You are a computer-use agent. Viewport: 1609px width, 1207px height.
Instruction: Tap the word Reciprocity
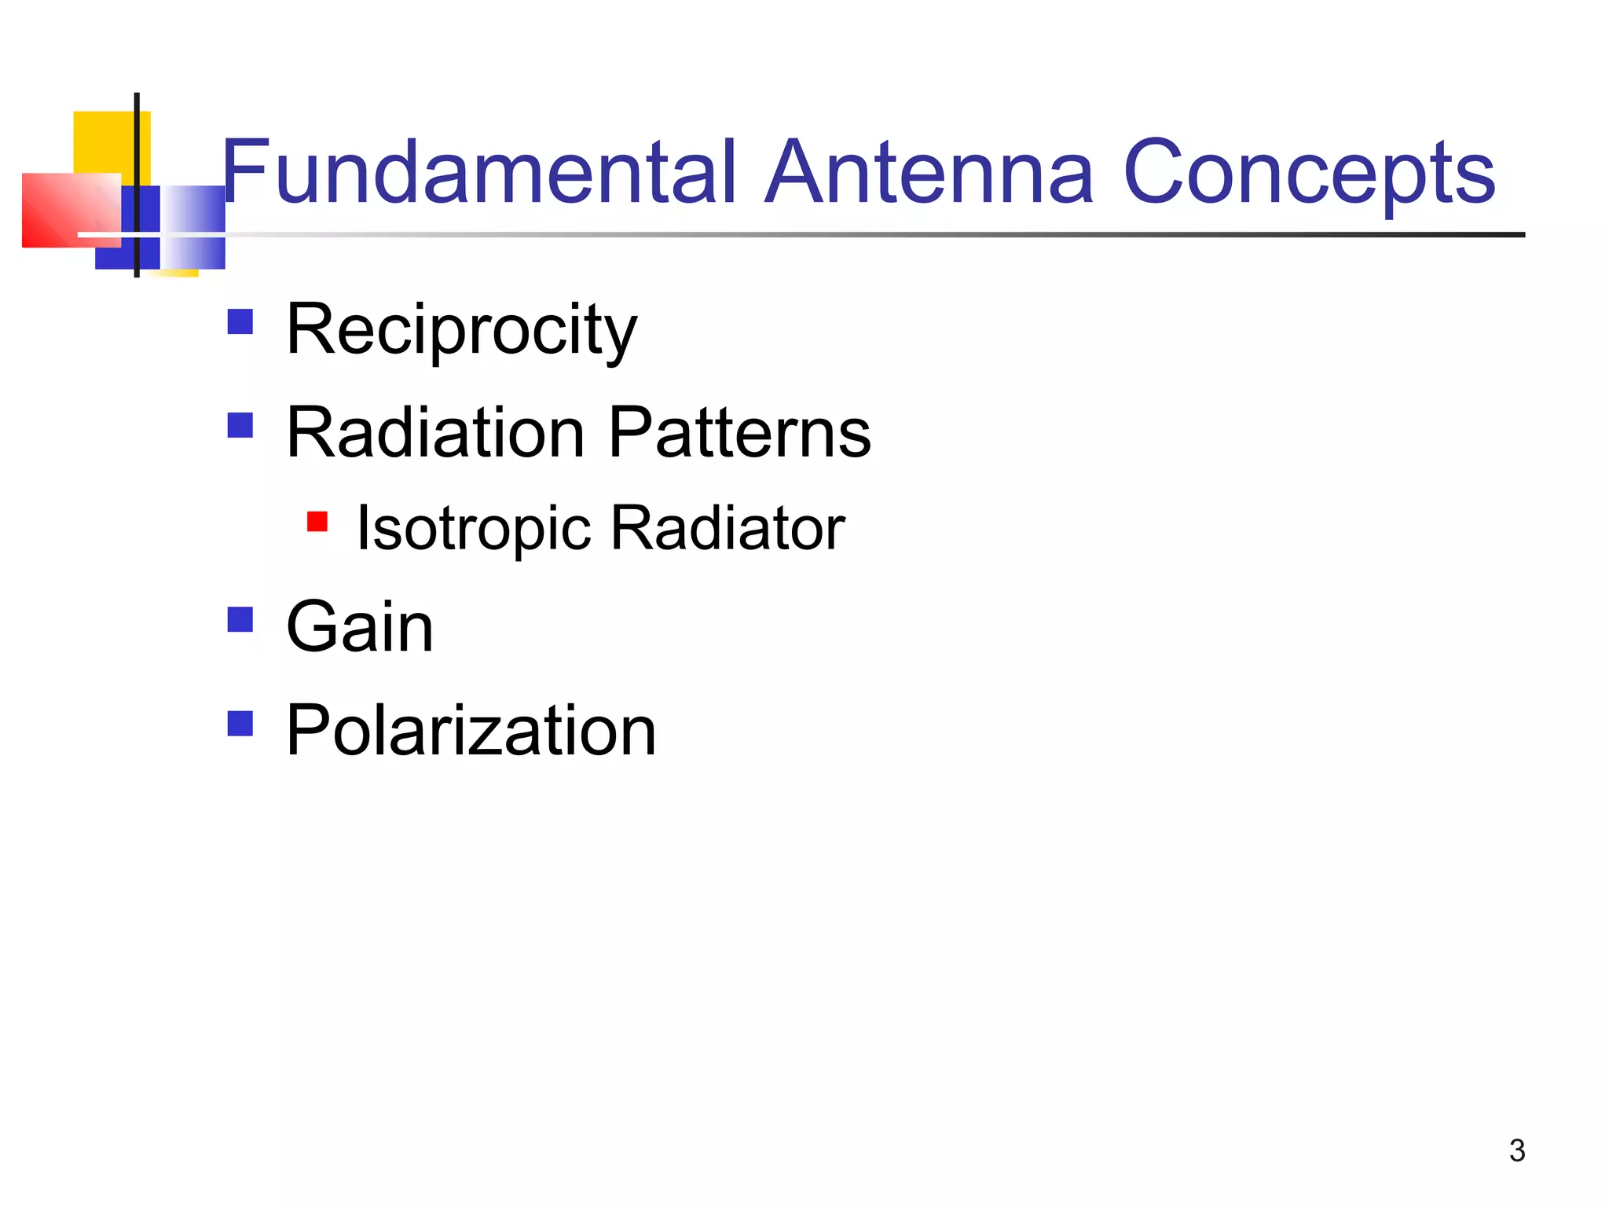[461, 330]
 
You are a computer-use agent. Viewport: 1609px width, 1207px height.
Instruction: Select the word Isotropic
[474, 528]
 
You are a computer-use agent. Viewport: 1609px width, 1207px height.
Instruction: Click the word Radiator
[728, 528]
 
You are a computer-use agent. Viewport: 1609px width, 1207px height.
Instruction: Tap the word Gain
[360, 626]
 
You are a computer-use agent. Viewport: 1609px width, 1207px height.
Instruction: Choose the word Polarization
[471, 730]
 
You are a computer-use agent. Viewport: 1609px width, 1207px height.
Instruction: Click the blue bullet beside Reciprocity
[240, 322]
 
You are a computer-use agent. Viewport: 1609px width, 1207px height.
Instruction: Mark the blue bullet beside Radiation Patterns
[240, 425]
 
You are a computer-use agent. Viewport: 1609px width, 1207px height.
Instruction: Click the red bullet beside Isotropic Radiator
[317, 521]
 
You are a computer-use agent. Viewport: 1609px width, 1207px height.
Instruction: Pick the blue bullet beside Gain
[240, 619]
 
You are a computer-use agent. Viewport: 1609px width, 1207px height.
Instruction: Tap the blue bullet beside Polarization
[240, 723]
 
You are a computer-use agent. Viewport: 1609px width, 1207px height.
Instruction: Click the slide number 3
[1517, 1150]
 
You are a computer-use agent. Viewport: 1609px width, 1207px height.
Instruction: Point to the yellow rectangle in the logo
[102, 141]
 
